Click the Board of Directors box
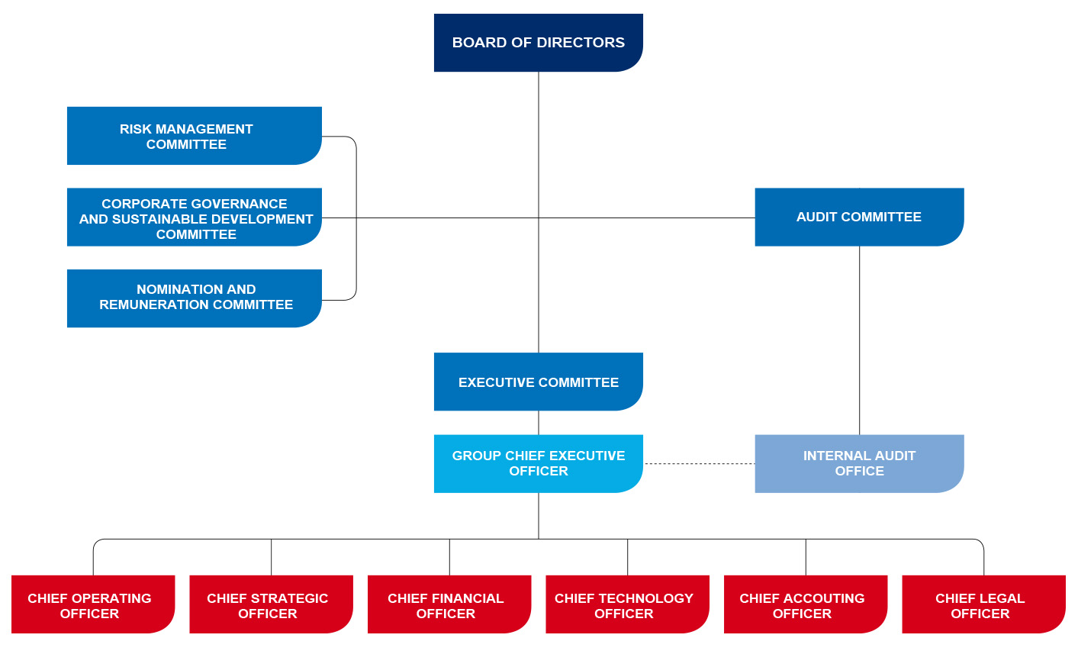[x=538, y=43]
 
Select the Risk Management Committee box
[x=194, y=136]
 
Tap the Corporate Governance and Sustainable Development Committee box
[x=194, y=217]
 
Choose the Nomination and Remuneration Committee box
[x=194, y=298]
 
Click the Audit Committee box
[x=859, y=217]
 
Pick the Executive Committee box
[x=538, y=382]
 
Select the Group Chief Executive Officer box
[x=538, y=463]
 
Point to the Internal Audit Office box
[x=859, y=463]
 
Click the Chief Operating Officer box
[x=92, y=605]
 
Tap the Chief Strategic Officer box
[x=270, y=605]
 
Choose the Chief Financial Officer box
[x=449, y=605]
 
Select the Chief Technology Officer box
[x=626, y=605]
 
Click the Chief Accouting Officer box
[x=805, y=605]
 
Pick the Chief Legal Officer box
[x=983, y=605]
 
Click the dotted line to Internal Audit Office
[x=699, y=463]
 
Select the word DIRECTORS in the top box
[x=589, y=43]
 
